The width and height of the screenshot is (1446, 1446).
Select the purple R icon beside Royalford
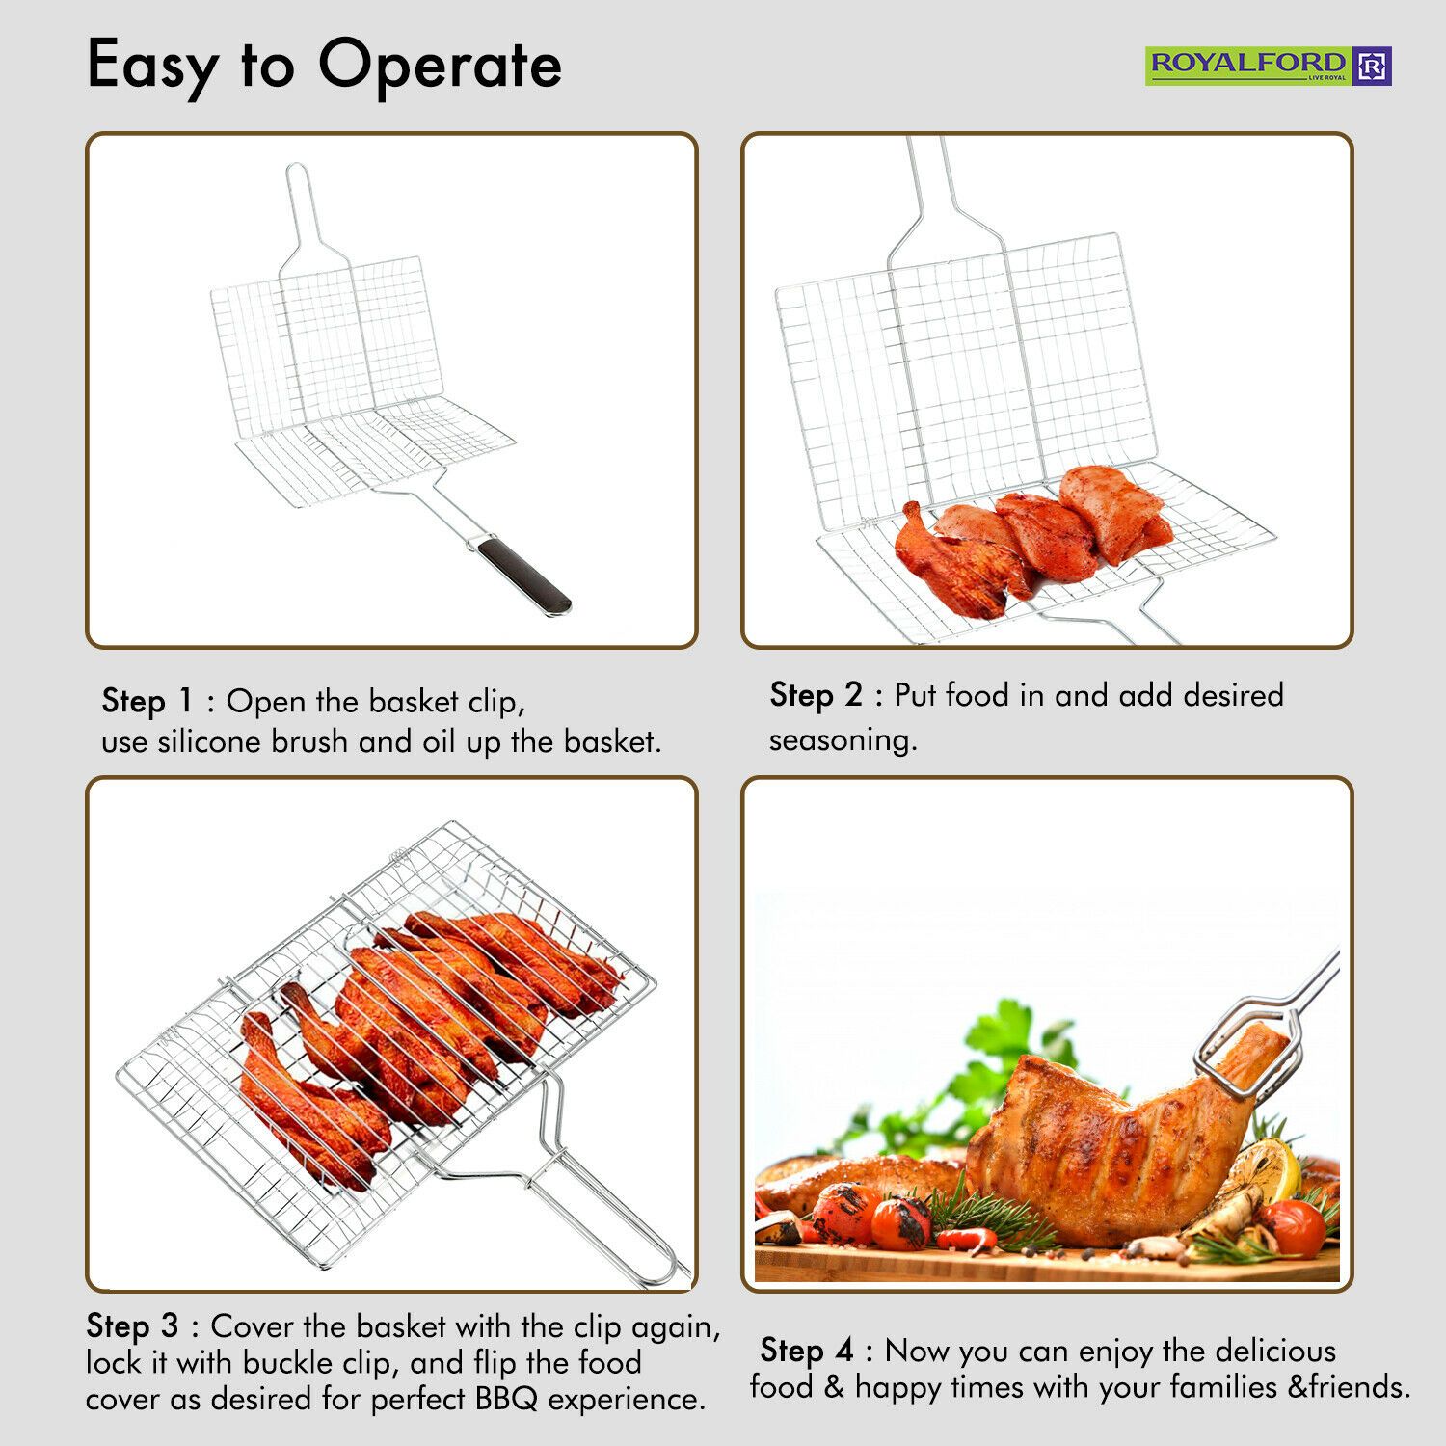[x=1373, y=66]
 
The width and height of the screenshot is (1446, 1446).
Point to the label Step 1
[x=147, y=702]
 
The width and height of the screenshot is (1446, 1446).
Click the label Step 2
[x=816, y=696]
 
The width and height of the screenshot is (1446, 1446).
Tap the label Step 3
[x=132, y=1326]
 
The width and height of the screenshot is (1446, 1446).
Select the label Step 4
[x=807, y=1351]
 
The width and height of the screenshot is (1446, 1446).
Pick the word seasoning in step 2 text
[x=843, y=740]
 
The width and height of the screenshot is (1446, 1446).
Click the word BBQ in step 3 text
[x=506, y=1400]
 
